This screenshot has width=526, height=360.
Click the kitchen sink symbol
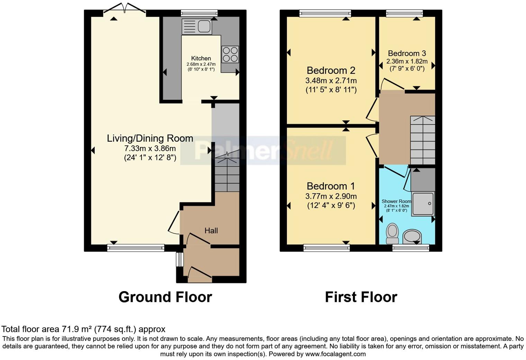[x=197, y=26]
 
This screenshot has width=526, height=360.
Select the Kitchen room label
[x=201, y=58]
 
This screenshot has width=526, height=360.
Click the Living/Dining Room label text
[x=150, y=138]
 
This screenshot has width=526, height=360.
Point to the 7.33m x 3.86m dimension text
[x=150, y=148]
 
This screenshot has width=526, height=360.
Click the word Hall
[x=211, y=231]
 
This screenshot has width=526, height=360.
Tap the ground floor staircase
[x=227, y=175]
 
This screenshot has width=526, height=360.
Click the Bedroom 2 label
[x=331, y=71]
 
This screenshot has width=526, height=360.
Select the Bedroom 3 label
[x=407, y=53]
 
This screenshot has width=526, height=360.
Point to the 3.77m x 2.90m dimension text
[x=331, y=196]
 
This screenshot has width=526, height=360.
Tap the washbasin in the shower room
[x=412, y=237]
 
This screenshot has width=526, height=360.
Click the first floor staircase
[x=423, y=140]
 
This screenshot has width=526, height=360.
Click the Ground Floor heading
[x=165, y=297]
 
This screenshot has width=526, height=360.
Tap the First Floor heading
[x=361, y=297]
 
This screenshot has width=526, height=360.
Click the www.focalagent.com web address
[x=335, y=354]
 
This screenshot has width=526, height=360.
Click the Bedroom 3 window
[x=404, y=13]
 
